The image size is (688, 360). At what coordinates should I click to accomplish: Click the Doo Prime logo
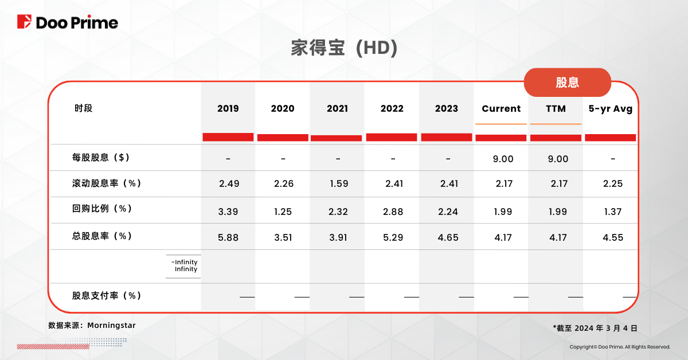pos(68,22)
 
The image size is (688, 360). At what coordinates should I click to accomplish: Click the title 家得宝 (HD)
pos(344,48)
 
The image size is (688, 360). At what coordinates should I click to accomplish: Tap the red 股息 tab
pos(567,82)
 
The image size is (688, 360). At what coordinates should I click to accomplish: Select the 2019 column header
pos(228,108)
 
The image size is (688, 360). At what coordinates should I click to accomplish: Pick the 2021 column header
pos(337,108)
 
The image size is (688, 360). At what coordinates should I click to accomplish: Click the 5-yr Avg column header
pos(611,108)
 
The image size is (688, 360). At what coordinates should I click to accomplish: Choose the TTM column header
pos(556,108)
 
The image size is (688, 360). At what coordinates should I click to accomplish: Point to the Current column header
pos(501,108)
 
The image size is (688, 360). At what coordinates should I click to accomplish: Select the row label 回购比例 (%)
pos(101,209)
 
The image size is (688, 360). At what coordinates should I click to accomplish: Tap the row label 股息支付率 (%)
pos(107,296)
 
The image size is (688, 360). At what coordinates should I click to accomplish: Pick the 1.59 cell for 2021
pos(337,185)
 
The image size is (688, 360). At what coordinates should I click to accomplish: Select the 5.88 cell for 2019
pos(228,237)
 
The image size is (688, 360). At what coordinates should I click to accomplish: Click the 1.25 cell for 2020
pos(283,212)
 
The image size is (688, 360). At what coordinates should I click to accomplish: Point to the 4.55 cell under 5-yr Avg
pos(613,237)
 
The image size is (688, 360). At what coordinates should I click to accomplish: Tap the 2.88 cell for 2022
pos(393,212)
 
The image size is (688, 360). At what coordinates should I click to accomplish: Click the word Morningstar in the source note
pos(111,325)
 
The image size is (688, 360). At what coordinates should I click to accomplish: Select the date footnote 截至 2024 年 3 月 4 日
pos(597,328)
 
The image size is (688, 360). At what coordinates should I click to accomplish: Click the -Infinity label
pos(184,263)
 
